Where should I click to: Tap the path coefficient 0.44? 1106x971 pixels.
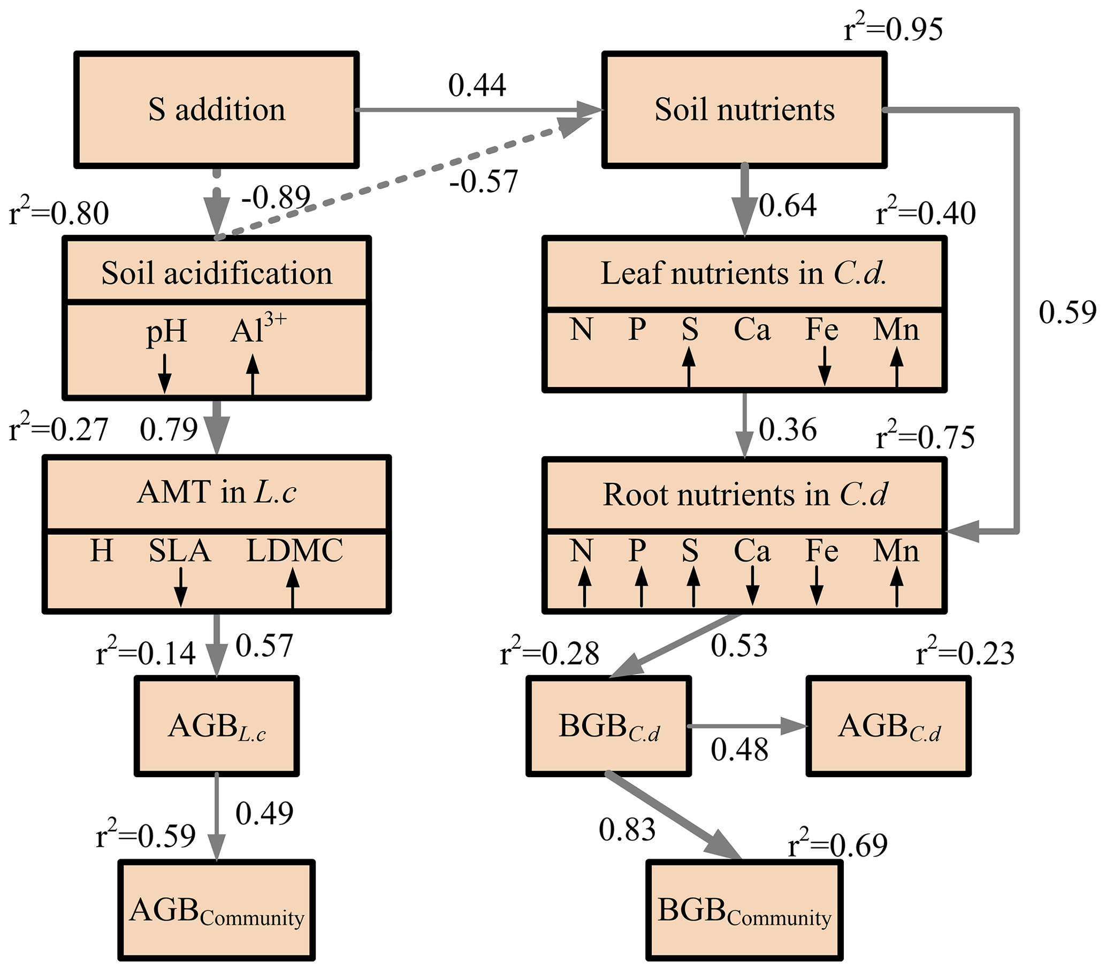477,86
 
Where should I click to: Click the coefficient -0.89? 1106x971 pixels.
276,197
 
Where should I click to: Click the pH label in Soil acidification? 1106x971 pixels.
166,331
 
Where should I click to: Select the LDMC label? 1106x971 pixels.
294,551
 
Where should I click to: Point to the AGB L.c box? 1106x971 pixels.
217,726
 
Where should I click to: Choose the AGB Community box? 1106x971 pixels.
217,911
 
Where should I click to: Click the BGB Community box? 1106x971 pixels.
744,911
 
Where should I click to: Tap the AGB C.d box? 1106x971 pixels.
888,726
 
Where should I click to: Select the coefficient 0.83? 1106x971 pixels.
627,830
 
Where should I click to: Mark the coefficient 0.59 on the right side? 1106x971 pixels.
1067,312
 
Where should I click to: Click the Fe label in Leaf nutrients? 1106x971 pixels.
822,329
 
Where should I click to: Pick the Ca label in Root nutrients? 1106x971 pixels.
752,551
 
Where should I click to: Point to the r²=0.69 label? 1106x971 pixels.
837,845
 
